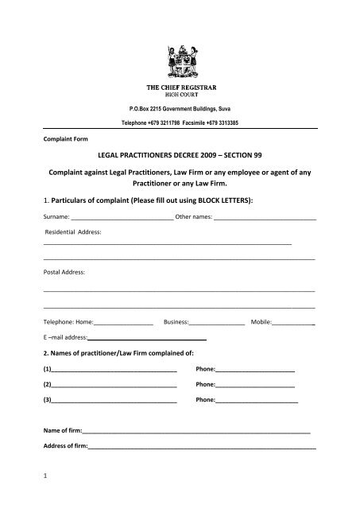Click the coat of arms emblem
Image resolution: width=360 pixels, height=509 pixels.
pyautogui.click(x=180, y=56)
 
